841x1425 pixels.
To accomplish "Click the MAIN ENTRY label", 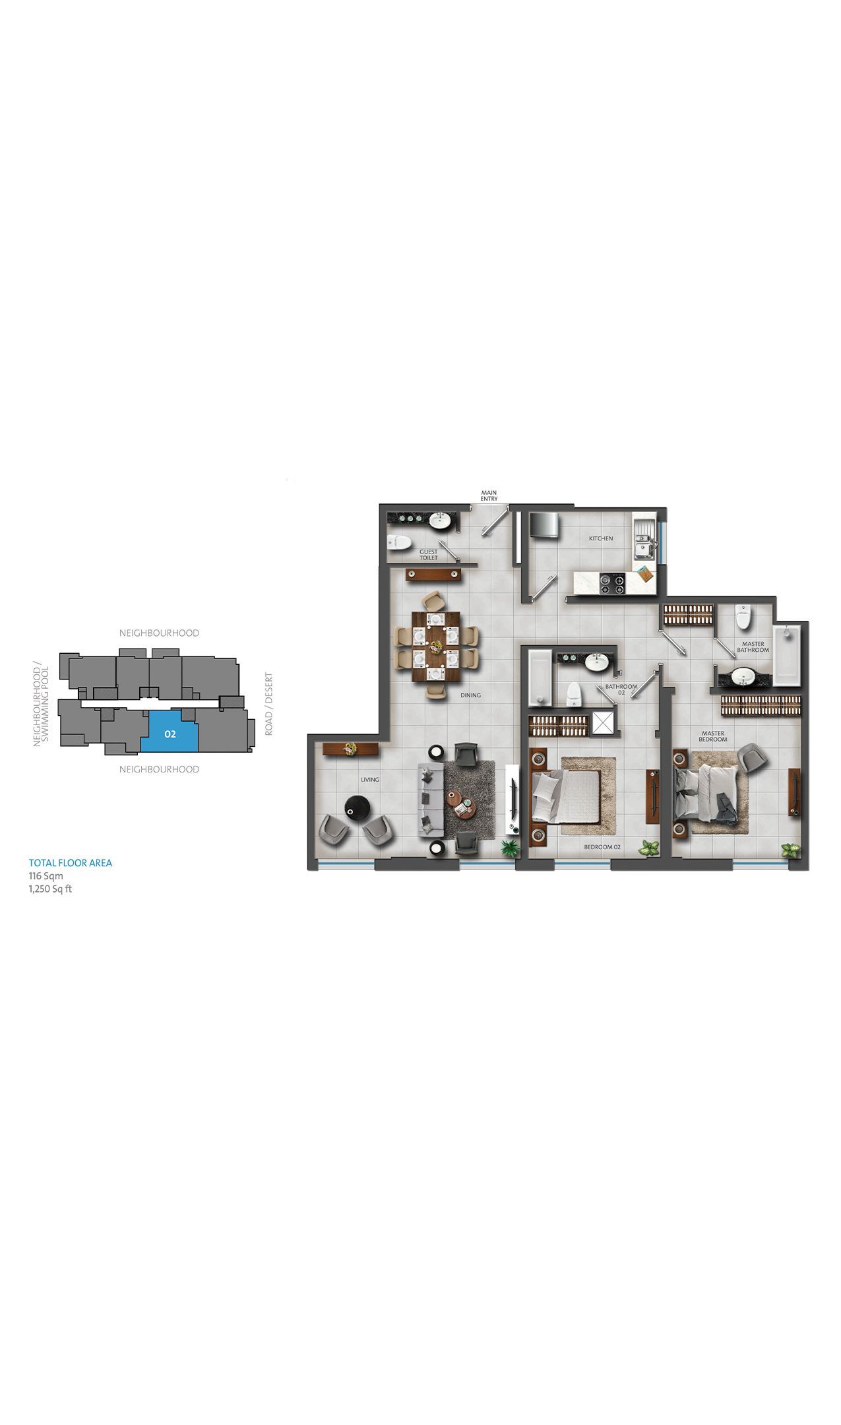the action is (x=489, y=495).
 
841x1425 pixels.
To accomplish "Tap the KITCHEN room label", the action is (x=601, y=538).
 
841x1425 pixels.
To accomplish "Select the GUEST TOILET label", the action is (x=429, y=555).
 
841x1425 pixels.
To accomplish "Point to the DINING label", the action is (x=471, y=695).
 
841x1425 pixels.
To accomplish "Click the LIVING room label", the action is (x=370, y=780).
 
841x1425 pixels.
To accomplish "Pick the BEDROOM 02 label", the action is (x=603, y=847).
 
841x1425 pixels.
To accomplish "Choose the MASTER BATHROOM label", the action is (x=753, y=647).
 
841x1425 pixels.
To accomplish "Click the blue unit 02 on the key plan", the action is (x=170, y=732).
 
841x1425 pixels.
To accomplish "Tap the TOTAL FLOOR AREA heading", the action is (x=71, y=863).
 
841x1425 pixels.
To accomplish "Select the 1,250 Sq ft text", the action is (x=50, y=889).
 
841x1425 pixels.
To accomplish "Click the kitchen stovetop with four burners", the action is (x=613, y=581).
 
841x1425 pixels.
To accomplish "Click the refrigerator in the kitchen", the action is (x=545, y=525).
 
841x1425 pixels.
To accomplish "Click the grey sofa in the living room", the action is (x=429, y=802).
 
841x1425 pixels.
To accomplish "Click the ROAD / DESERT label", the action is (x=268, y=704).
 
